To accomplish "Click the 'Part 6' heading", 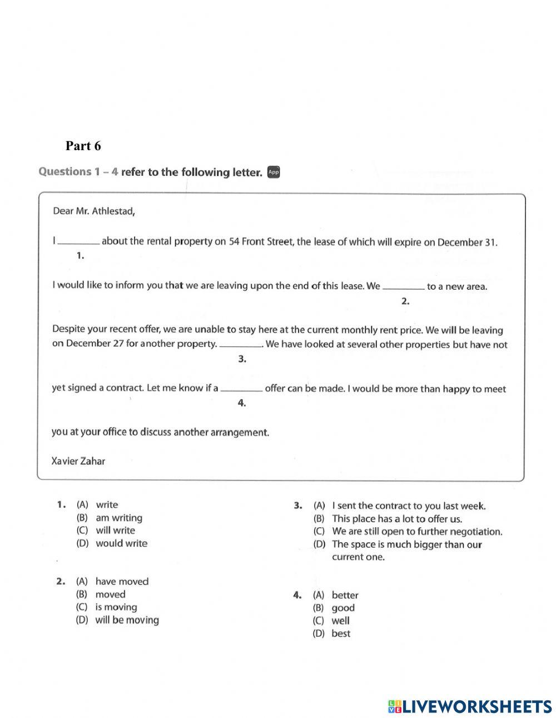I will pos(83,146).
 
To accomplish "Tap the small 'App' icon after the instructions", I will pos(273,172).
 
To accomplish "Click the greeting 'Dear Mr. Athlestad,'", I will pos(93,211).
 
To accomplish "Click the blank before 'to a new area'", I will pos(404,288).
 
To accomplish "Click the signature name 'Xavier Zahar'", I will pos(78,461).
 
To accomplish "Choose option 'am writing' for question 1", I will pos(119,518).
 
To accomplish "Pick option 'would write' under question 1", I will pos(121,543).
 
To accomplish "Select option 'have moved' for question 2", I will pos(122,582).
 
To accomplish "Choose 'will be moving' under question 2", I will pos(127,620).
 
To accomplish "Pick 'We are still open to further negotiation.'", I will pos(417,532).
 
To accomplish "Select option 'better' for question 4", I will pos(345,596).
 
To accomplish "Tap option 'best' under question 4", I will pos(341,634).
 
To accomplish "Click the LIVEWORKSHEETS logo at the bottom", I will pos(470,706).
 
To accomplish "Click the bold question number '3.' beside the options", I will pos(297,506).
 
